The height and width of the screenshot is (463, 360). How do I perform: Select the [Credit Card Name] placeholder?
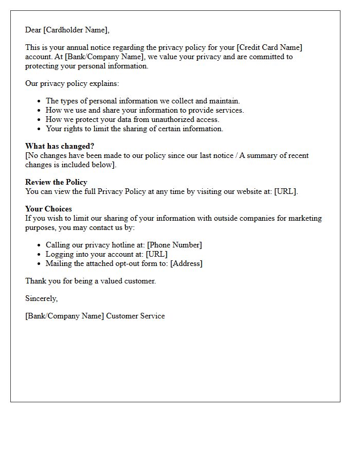pos(269,47)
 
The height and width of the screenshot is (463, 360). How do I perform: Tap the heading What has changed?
pos(60,146)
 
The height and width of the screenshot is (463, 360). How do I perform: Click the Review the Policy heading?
pos(56,182)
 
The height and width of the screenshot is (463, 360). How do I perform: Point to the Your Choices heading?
pos(48,209)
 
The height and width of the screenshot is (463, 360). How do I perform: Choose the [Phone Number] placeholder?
pos(174,245)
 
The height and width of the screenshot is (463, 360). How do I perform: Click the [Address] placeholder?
pos(186,263)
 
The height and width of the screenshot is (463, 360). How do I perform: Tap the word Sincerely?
pos(41,298)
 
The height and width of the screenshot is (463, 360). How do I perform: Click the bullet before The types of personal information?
pos(39,101)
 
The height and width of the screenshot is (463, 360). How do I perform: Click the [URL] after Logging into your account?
pos(157,254)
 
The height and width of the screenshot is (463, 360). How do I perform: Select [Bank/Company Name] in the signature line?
pos(64,316)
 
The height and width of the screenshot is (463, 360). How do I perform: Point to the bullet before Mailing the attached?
pos(39,264)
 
